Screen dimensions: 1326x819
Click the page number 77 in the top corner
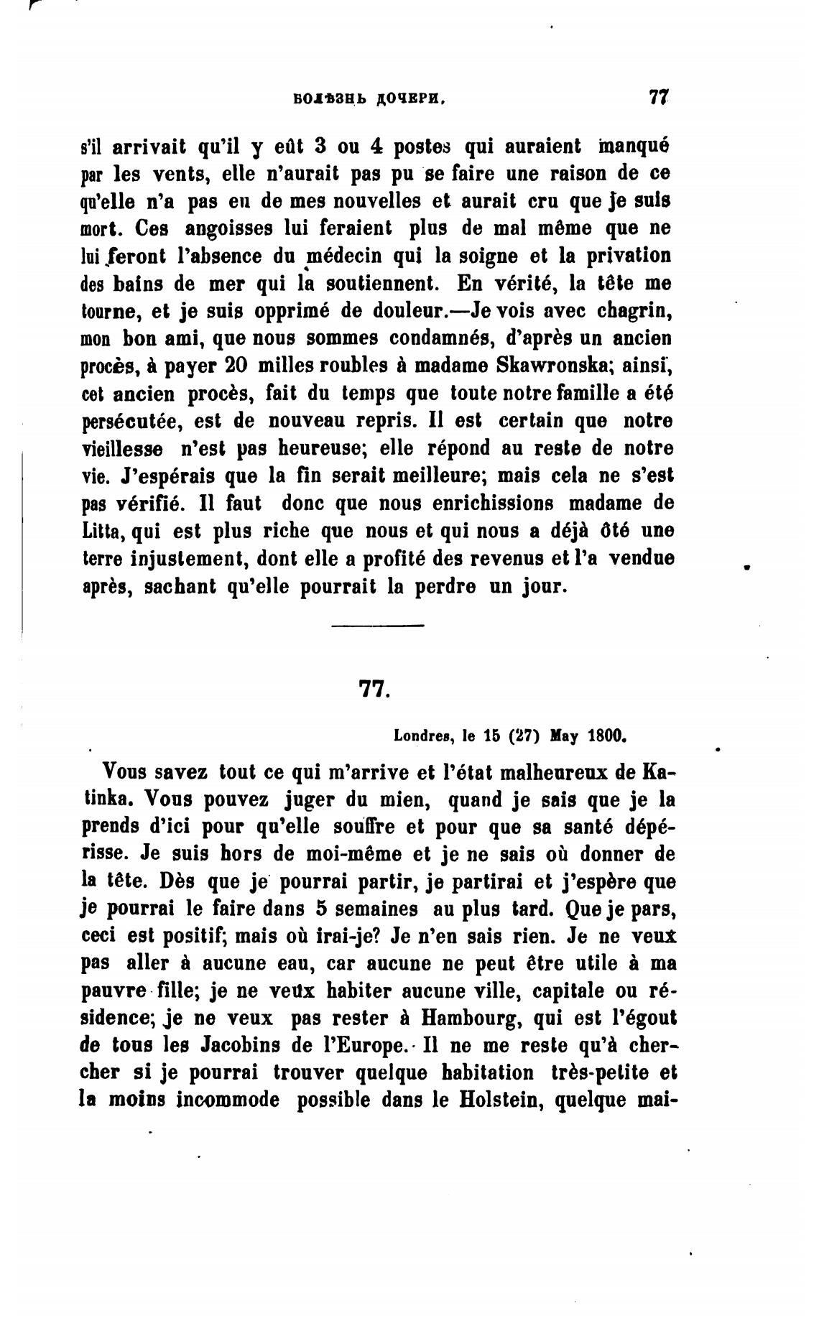(x=658, y=98)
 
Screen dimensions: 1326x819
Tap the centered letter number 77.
(x=373, y=690)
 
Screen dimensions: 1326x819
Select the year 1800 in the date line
(x=608, y=736)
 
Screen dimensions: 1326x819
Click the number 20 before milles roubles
(x=237, y=366)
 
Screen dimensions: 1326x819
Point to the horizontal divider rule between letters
(x=378, y=626)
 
